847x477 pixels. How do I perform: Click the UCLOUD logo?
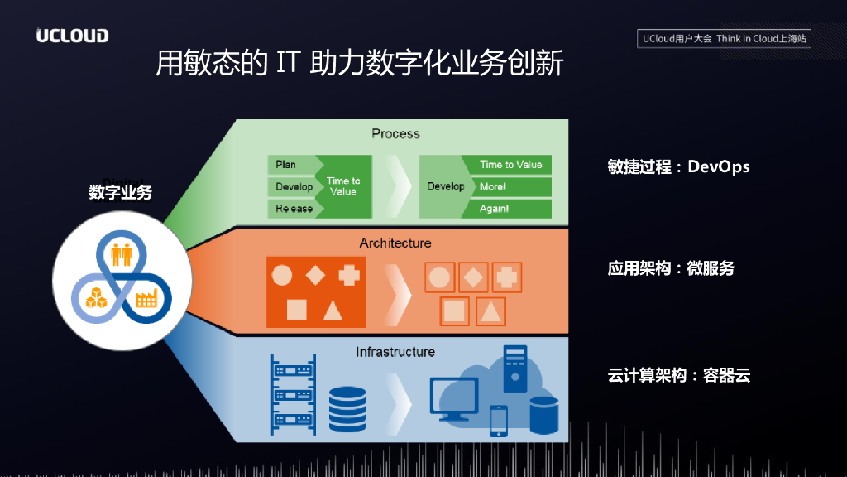click(x=72, y=36)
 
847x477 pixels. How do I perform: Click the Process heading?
click(x=395, y=133)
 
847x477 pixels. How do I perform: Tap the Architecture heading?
click(x=395, y=243)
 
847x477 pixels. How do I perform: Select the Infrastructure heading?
click(x=395, y=352)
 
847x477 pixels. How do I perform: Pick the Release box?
click(x=294, y=209)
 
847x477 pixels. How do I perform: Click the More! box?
click(x=505, y=186)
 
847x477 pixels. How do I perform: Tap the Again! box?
click(x=505, y=209)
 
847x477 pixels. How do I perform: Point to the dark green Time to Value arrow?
click(x=341, y=186)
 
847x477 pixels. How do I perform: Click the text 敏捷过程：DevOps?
click(x=678, y=166)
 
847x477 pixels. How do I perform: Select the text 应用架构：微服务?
click(x=671, y=268)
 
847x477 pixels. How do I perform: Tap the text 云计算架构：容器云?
click(x=678, y=375)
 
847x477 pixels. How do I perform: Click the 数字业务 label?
click(x=121, y=192)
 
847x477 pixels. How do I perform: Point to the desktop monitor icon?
click(x=453, y=396)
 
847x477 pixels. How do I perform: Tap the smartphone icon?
click(x=499, y=421)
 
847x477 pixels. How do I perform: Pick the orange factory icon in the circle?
click(x=147, y=296)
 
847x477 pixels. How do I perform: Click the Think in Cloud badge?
click(x=725, y=39)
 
